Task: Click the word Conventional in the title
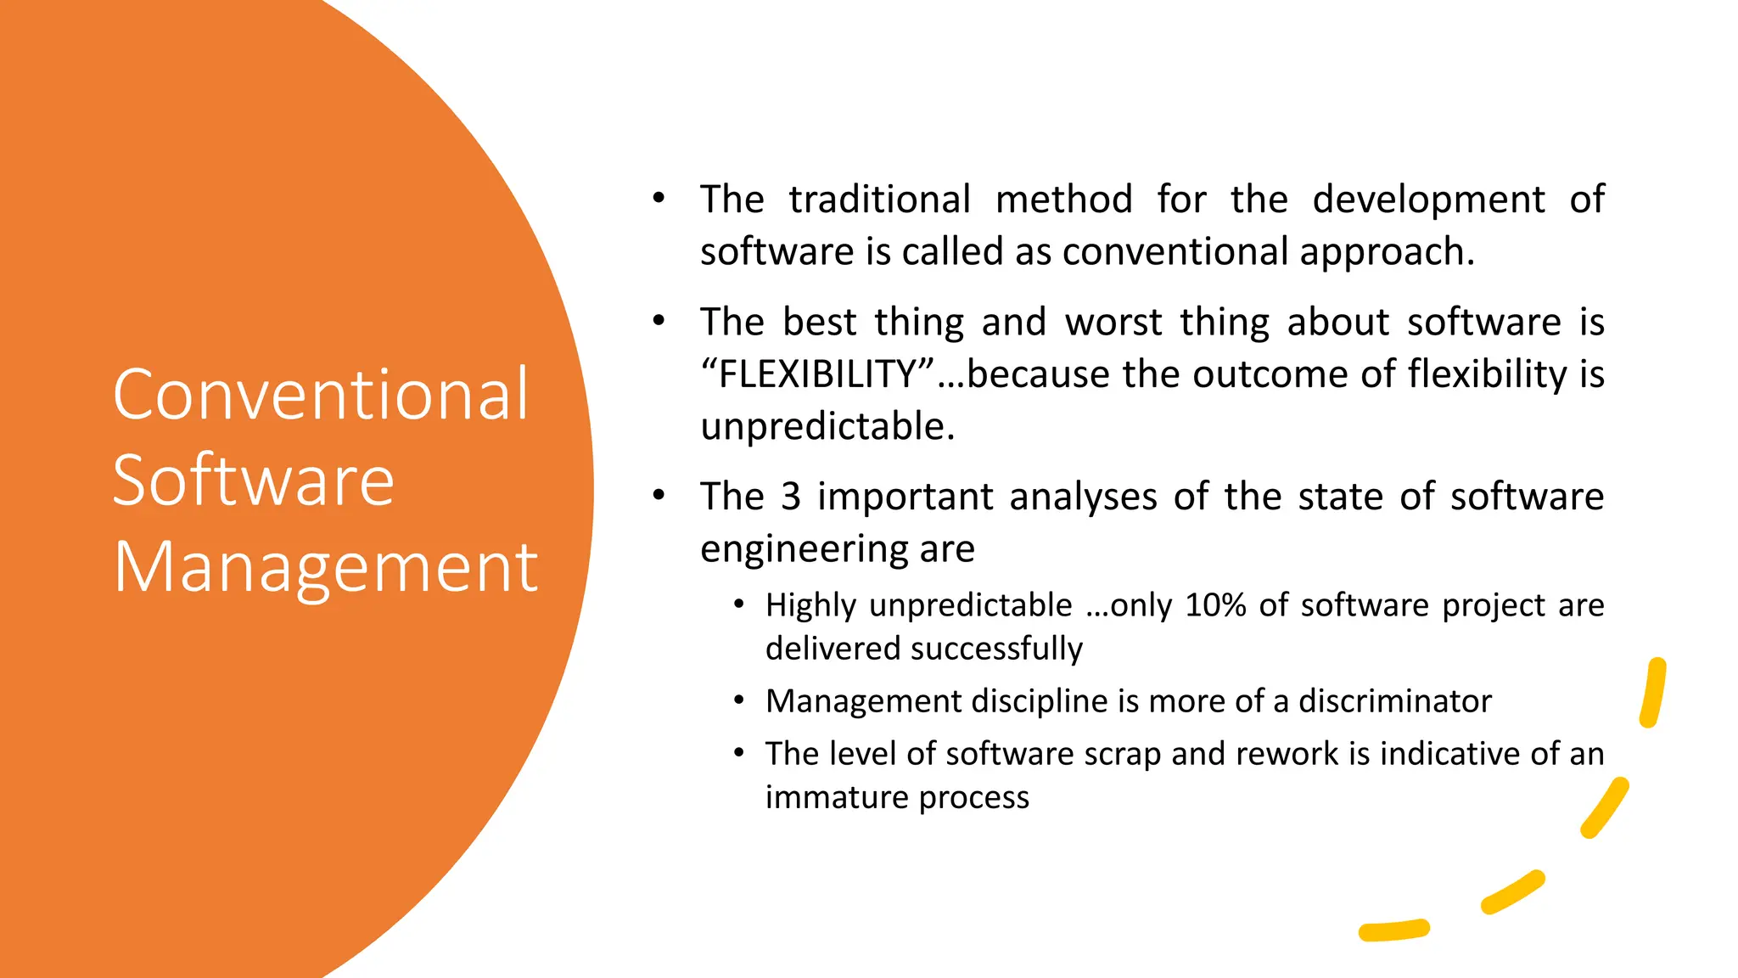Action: click(x=321, y=395)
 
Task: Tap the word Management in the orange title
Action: click(x=326, y=567)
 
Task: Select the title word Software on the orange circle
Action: click(x=253, y=481)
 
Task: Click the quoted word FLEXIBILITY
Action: click(x=817, y=374)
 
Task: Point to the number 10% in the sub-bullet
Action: click(x=1215, y=605)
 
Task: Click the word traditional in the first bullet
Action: click(x=879, y=200)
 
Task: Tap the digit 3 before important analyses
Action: click(x=790, y=497)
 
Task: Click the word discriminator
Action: click(x=1394, y=701)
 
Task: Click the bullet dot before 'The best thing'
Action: click(x=659, y=321)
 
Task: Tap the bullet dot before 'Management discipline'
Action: click(x=739, y=700)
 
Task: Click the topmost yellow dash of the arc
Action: click(x=1653, y=693)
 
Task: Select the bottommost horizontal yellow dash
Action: click(x=1393, y=930)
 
